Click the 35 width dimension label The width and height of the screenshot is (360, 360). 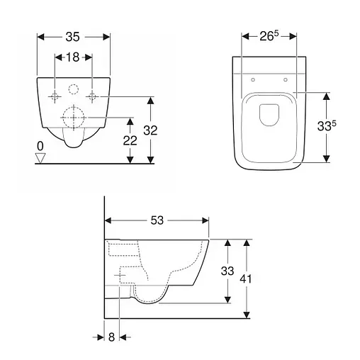point(72,37)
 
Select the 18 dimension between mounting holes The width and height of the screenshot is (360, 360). point(72,57)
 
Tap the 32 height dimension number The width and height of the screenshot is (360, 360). point(150,130)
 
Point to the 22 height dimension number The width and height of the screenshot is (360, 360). point(130,141)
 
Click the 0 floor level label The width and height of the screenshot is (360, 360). point(40,146)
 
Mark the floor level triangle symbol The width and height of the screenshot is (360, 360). point(40,158)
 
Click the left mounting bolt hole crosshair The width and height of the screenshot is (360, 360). point(55,96)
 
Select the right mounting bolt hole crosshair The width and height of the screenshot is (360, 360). point(92,96)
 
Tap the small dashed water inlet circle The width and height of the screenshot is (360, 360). point(74,89)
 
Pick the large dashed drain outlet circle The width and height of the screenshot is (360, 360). point(74,117)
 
